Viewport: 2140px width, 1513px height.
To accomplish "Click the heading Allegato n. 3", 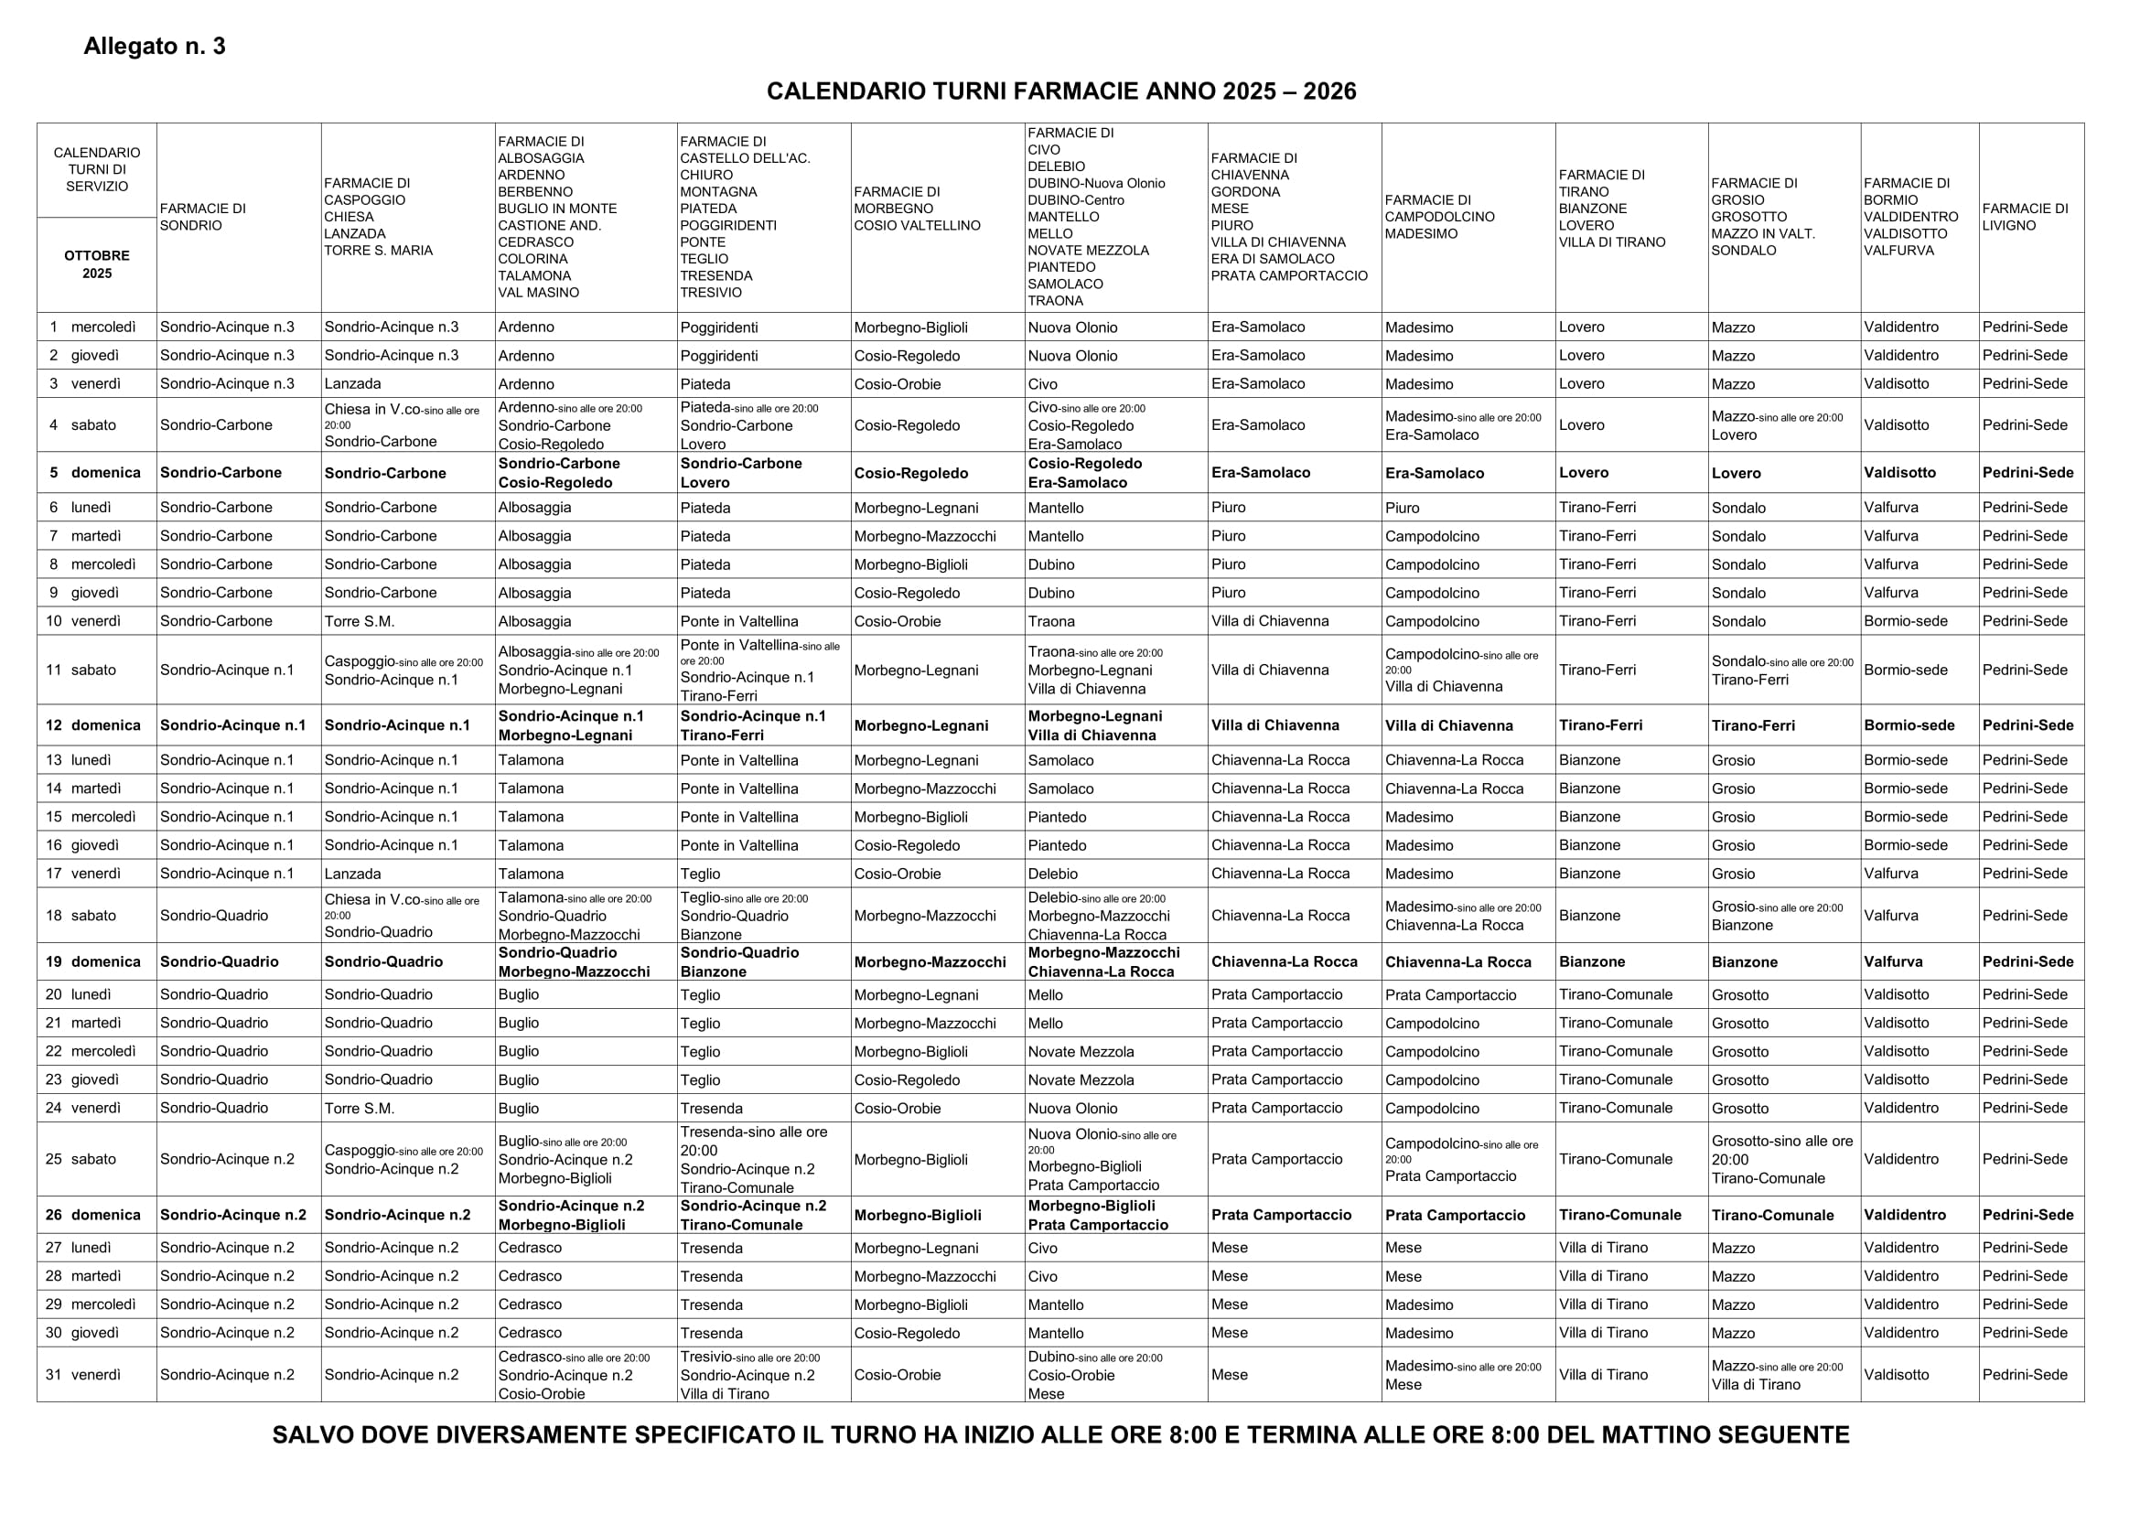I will [x=155, y=47].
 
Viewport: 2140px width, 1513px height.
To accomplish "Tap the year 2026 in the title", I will [x=1329, y=91].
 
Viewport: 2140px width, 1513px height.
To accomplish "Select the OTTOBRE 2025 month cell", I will [x=97, y=264].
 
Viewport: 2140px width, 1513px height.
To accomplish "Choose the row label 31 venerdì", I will [x=84, y=1374].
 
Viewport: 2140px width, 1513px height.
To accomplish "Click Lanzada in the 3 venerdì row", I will [x=352, y=384].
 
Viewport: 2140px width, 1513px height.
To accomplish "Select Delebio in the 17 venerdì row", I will [x=1052, y=874].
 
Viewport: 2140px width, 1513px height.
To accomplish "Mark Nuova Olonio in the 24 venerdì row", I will [x=1072, y=1109].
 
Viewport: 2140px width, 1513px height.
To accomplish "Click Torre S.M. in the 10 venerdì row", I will [x=359, y=621].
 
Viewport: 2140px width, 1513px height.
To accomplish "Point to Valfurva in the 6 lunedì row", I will [x=1890, y=508].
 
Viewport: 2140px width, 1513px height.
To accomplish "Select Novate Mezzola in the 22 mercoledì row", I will [x=1081, y=1052].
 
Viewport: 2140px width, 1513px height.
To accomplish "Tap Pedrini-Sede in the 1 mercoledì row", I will [x=2025, y=327].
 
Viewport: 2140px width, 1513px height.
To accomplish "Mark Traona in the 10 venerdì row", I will [x=1050, y=621].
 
